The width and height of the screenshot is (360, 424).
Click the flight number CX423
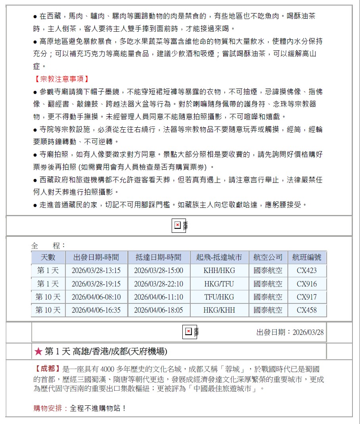tap(307, 271)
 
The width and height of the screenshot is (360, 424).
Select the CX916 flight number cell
tap(307, 284)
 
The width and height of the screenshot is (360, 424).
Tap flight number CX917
tap(307, 297)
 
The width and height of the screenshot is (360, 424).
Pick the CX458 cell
tap(307, 310)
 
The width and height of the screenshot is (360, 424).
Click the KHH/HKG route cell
tap(219, 271)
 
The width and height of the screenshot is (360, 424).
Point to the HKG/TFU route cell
tap(219, 284)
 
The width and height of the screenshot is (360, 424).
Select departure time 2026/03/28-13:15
tap(96, 271)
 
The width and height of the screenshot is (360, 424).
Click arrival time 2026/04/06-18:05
tap(159, 310)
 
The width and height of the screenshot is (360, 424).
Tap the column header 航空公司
tap(268, 257)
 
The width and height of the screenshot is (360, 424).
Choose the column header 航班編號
tap(307, 257)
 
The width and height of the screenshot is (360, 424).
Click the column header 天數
tap(48, 257)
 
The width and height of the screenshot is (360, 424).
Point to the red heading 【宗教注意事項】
tap(61, 79)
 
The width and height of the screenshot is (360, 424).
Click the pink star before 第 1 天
tap(38, 351)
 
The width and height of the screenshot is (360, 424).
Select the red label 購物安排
tap(48, 408)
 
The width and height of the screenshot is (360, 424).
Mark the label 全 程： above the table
tap(48, 246)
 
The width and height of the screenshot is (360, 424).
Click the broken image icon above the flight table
tap(178, 225)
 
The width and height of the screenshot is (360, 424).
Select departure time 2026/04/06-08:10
tap(96, 297)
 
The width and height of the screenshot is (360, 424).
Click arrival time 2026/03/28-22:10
tap(159, 284)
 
